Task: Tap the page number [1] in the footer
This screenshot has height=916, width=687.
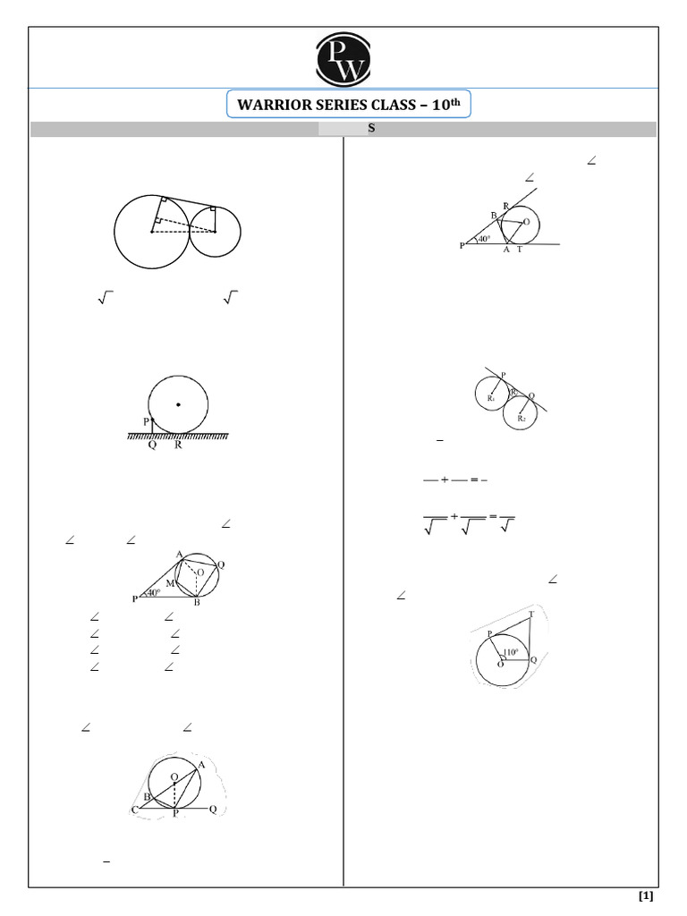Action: click(646, 895)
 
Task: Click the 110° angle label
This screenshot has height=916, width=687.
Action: click(512, 652)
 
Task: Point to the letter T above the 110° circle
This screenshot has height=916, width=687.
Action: click(532, 615)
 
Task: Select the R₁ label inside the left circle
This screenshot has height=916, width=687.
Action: click(491, 398)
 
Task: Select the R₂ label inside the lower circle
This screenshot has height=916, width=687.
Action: click(522, 418)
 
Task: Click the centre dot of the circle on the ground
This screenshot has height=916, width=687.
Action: click(178, 405)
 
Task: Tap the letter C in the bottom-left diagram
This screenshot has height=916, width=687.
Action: click(134, 810)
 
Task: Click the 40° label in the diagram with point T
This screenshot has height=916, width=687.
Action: click(484, 240)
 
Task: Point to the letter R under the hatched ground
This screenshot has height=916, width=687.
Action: click(178, 445)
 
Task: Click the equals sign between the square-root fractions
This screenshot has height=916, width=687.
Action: click(492, 517)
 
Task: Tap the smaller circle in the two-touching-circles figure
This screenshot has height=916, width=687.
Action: click(215, 230)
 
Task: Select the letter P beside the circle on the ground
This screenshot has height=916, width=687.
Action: click(146, 421)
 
